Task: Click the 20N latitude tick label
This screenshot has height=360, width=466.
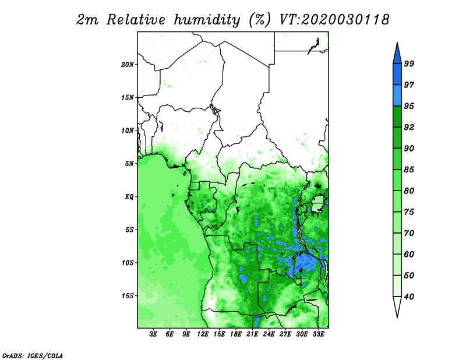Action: point(128,65)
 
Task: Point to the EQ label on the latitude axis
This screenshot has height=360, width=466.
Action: point(129,197)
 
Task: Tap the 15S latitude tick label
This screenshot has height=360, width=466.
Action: point(128,296)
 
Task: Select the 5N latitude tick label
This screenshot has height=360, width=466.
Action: point(129,164)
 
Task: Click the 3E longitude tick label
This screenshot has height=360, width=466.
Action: point(153,334)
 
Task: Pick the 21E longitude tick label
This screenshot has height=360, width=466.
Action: point(252,334)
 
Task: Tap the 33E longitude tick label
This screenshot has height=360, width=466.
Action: point(318,334)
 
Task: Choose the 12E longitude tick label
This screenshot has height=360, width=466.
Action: point(203,334)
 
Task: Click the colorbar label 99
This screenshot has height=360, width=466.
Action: point(409,63)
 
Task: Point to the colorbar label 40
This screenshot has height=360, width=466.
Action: point(409,297)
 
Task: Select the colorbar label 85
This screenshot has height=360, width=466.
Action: point(409,170)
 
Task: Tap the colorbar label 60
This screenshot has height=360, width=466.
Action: point(409,254)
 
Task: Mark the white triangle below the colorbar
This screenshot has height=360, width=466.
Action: point(397,306)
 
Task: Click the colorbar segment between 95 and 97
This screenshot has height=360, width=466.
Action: point(397,96)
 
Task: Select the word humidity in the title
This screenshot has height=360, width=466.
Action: point(207,20)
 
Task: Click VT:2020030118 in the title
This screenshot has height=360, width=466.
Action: point(334,20)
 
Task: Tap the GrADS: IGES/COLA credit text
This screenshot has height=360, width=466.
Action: point(33,356)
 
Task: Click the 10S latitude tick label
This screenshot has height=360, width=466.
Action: point(128,263)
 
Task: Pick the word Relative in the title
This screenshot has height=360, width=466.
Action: point(136,20)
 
